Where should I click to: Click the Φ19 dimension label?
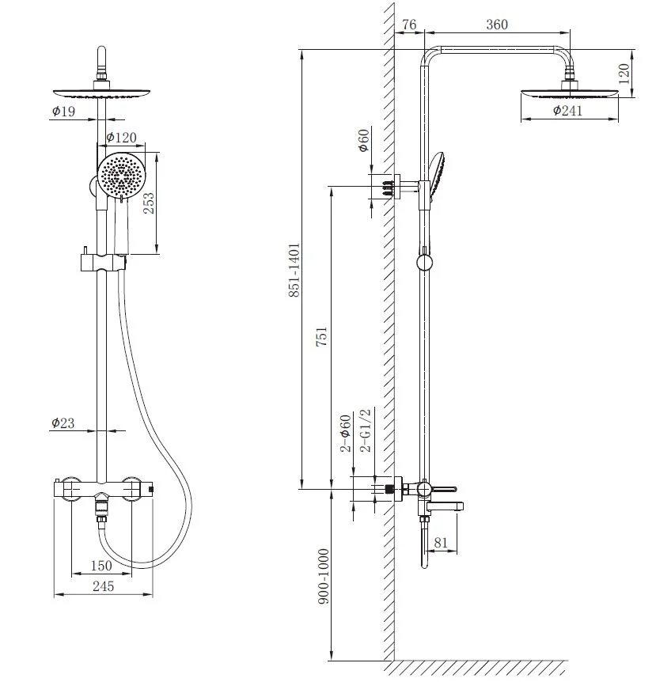(63, 112)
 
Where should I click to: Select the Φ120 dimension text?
(121, 138)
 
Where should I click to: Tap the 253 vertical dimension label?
(149, 203)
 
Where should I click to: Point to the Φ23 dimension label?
(63, 422)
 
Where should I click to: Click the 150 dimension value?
(101, 566)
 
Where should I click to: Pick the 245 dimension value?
(104, 586)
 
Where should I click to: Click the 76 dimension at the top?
(409, 25)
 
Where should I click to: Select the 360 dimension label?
(497, 25)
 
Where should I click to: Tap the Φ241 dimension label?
(567, 111)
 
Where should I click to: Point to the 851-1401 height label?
(294, 270)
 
